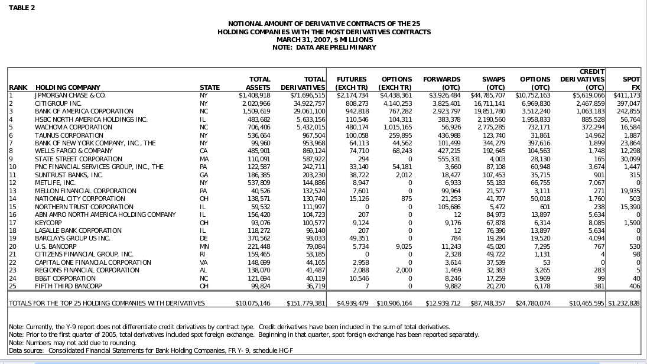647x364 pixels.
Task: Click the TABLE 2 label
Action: click(22, 8)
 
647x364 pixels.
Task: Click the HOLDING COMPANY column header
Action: click(68, 87)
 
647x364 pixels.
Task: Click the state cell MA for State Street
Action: click(204, 159)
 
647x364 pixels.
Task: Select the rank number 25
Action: click(12, 286)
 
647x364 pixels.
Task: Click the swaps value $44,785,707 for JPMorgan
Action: click(487, 95)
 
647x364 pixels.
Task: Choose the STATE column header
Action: click(210, 87)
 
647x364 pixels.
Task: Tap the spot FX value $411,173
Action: click(626, 95)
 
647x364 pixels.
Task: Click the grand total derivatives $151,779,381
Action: click(305, 303)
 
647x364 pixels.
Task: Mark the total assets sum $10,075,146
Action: click(253, 303)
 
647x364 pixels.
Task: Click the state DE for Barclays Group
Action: click(204, 239)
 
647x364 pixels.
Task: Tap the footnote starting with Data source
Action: click(151, 351)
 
